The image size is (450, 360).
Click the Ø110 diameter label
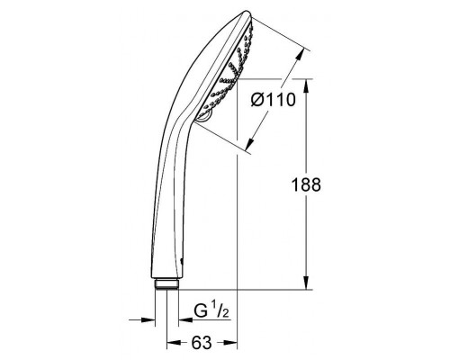click(274, 100)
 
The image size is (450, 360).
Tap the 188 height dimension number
click(306, 184)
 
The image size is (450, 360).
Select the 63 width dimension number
click(202, 342)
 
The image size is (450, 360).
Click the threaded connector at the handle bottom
click(166, 284)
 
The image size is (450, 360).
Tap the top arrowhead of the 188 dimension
click(306, 86)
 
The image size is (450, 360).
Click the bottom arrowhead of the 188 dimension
click(306, 283)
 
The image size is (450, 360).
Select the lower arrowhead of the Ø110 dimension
click(250, 143)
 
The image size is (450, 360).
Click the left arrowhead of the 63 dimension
click(174, 342)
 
